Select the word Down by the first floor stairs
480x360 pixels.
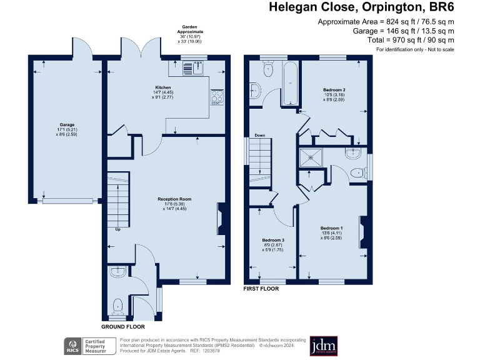tap(259, 136)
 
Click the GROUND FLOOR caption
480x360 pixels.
tap(123, 327)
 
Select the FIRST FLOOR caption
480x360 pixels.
tap(261, 289)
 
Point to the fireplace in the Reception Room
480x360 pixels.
tap(221, 219)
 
